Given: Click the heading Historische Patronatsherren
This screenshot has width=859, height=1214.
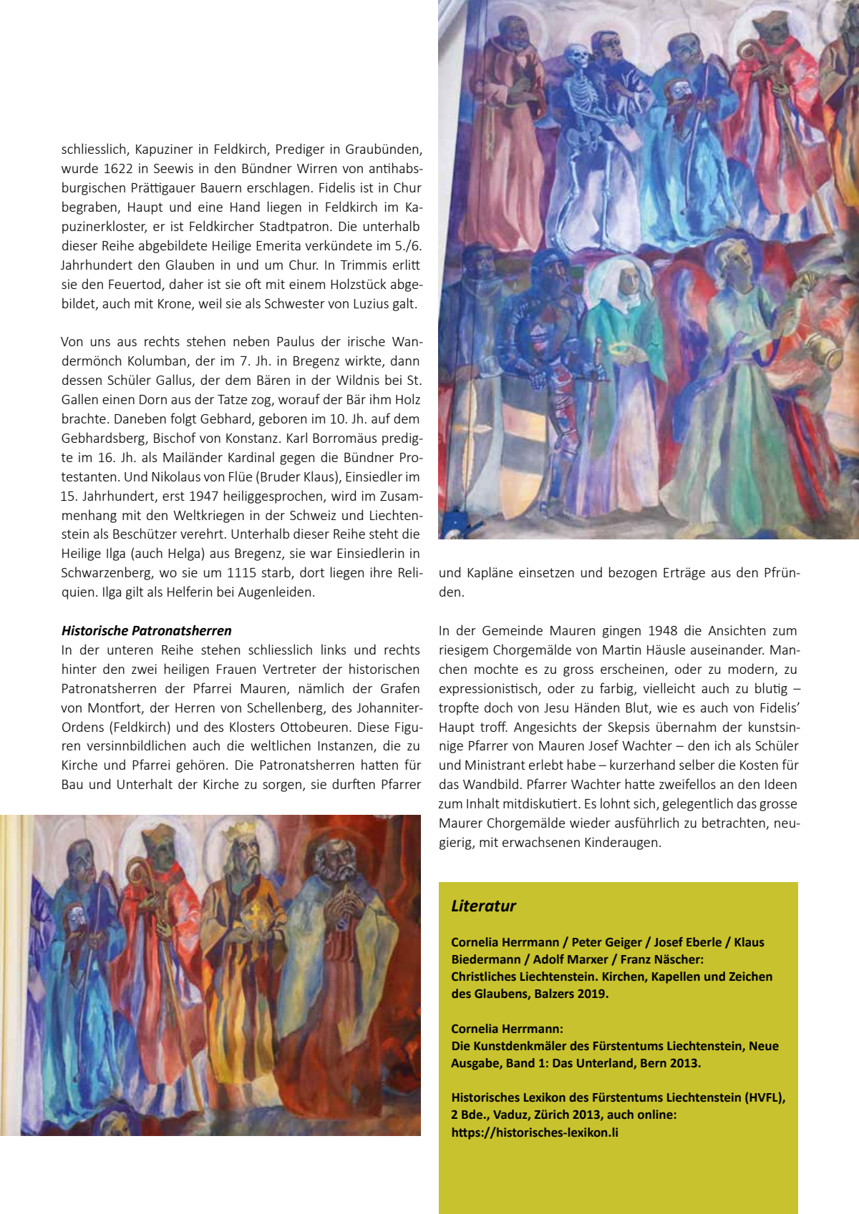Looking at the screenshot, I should point(147,631).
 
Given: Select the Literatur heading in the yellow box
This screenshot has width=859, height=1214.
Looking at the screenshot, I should point(483,906).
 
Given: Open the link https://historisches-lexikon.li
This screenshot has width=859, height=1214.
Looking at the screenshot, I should point(535,1132).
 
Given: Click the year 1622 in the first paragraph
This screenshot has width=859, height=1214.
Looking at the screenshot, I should point(118,169).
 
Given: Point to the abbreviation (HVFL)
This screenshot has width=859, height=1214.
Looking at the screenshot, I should point(765,1097).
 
